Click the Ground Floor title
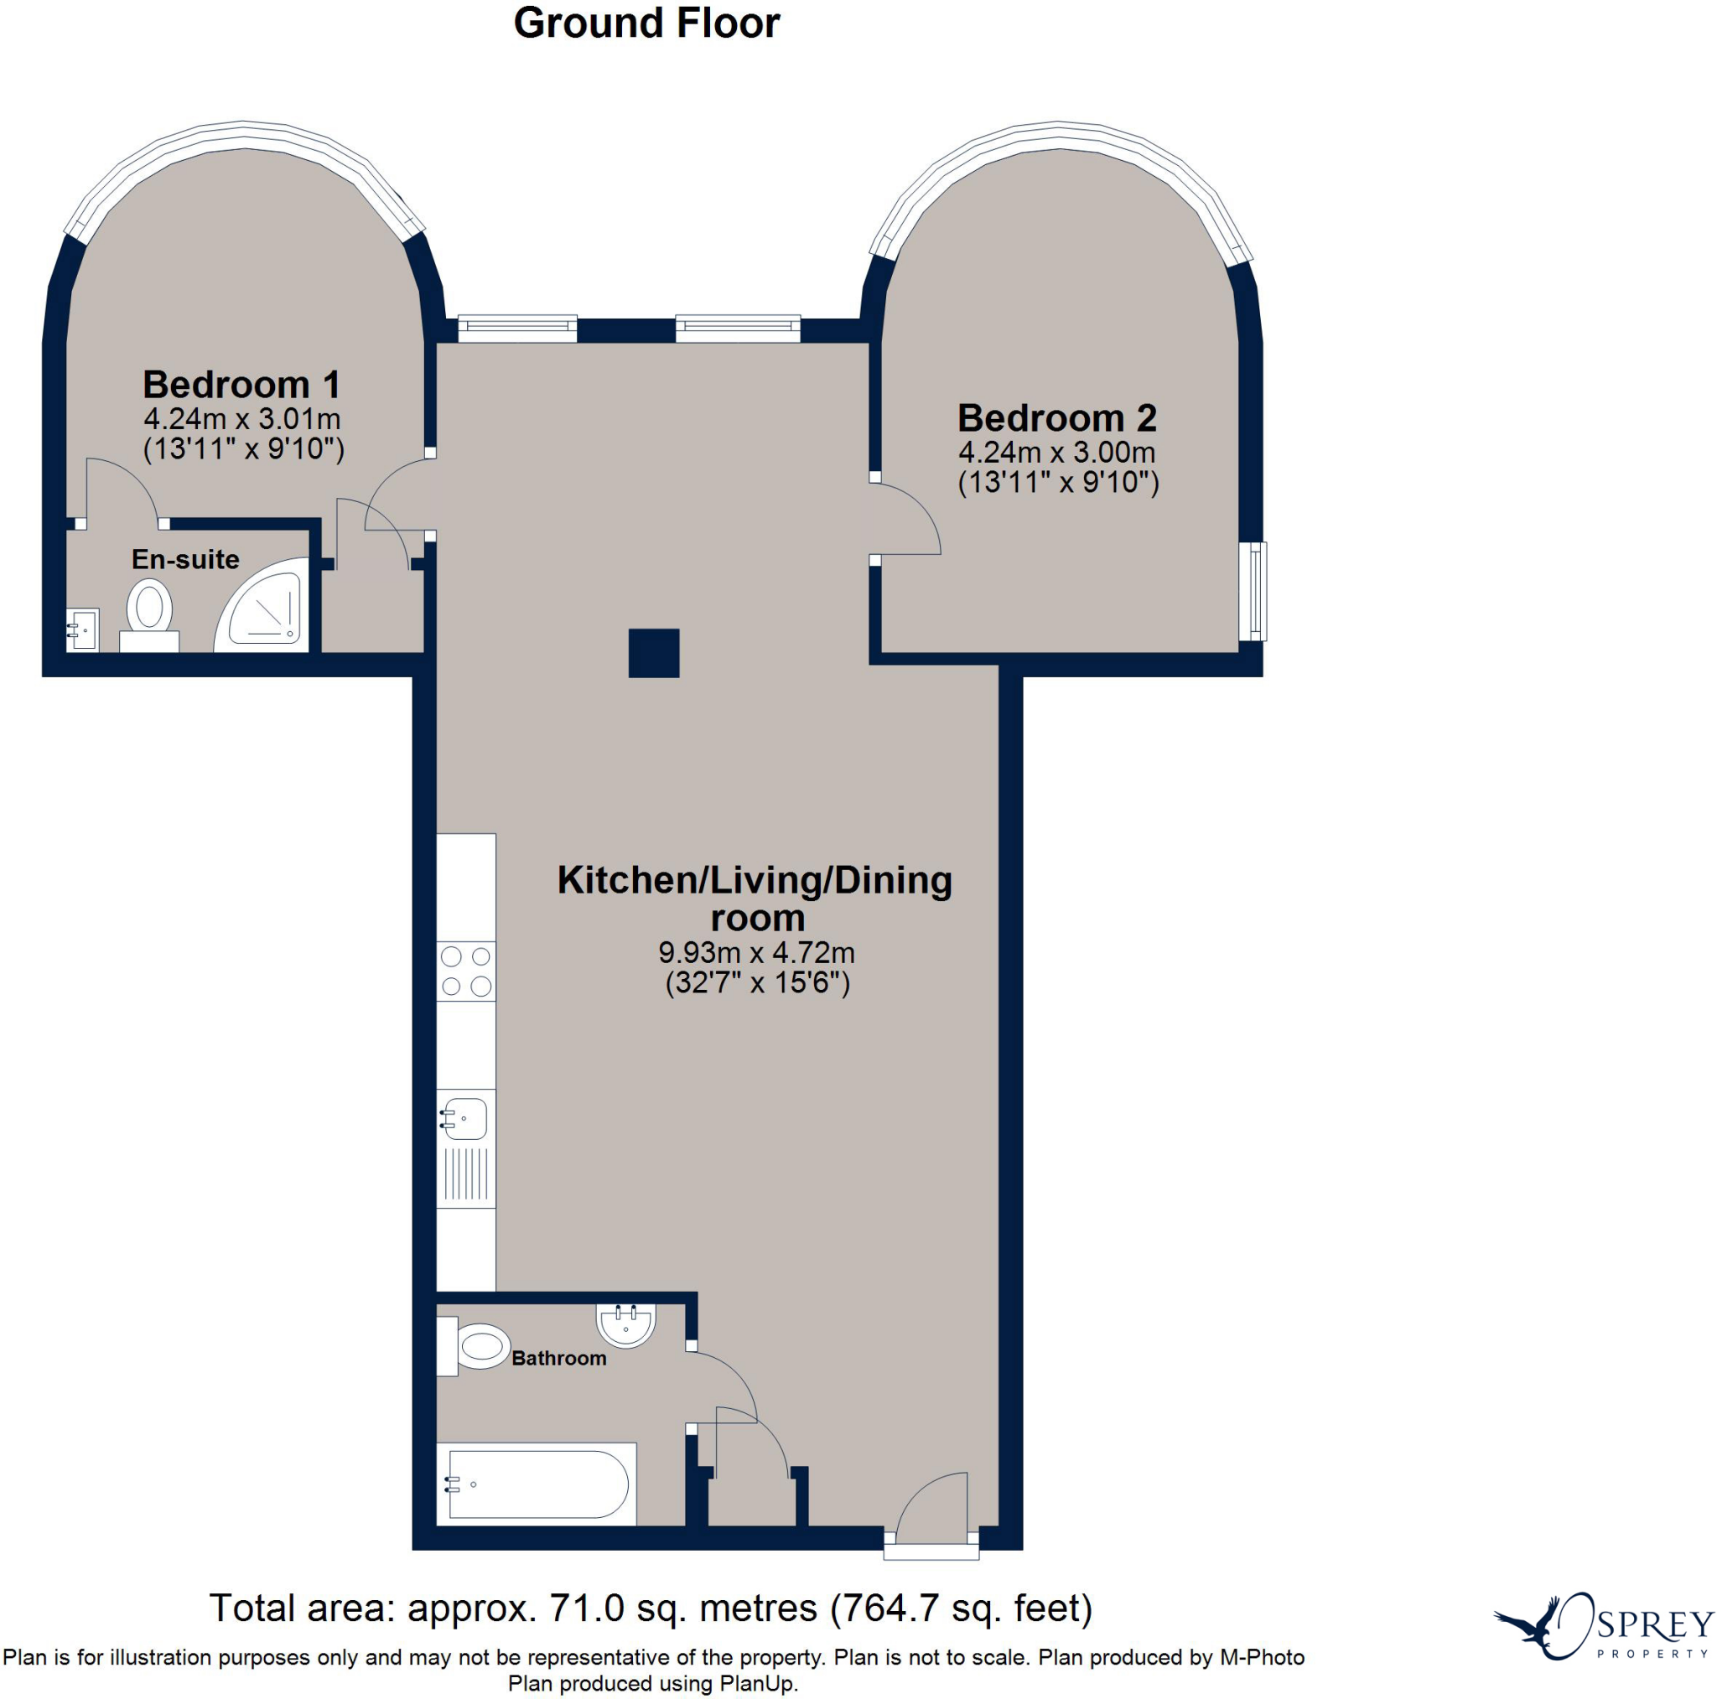[646, 23]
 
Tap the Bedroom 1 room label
[241, 385]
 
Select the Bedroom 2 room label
[1056, 417]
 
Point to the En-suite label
[186, 559]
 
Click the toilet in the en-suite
[149, 616]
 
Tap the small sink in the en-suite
[83, 630]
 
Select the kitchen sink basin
[464, 1119]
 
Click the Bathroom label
[559, 1358]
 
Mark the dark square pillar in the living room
[654, 653]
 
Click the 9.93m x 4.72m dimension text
[756, 952]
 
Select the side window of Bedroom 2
[1254, 591]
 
